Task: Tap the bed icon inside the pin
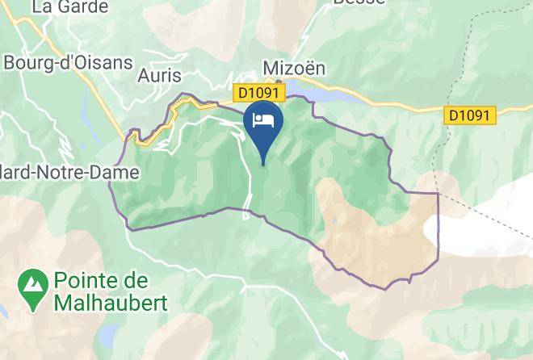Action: [x=263, y=120]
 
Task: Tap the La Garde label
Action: [x=69, y=7]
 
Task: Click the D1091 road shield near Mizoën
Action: [x=258, y=94]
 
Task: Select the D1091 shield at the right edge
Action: [x=468, y=115]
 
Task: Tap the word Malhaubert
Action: [x=111, y=303]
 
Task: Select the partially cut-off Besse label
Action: [x=360, y=3]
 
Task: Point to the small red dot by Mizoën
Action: [x=279, y=81]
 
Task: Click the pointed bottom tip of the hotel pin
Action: [x=263, y=164]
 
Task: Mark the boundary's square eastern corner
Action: [x=438, y=194]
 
